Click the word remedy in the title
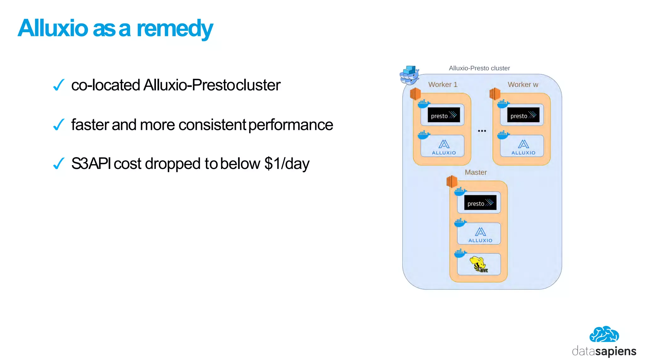pos(174,28)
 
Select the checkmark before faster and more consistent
pos(59,124)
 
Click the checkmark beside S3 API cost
pos(59,164)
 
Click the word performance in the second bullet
pos(290,125)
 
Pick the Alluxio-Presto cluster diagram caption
pos(479,68)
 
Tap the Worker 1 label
pos(442,84)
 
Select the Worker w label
pos(523,84)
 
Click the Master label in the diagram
pos(476,172)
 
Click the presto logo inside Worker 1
pos(443,115)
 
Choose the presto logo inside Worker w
pos(523,115)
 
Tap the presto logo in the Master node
pos(480,203)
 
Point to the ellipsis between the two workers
pos(482,130)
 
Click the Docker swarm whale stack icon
pos(409,75)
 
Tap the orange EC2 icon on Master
pos(452,181)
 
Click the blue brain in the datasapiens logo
pos(604,335)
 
